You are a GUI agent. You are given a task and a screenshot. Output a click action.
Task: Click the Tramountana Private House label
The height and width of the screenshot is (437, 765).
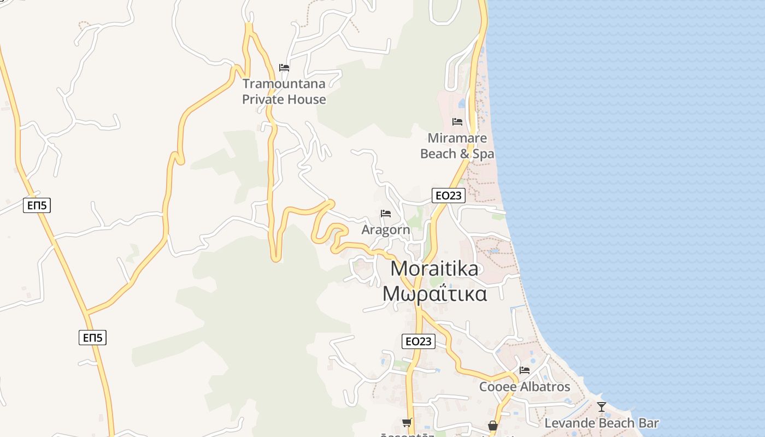(284, 91)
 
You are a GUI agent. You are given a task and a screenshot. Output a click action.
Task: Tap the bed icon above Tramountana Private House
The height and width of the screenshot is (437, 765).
(284, 68)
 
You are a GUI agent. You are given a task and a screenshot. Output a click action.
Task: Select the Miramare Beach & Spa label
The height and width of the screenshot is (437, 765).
(457, 146)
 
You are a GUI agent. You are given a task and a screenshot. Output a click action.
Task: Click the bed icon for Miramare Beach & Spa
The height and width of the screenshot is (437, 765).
(457, 122)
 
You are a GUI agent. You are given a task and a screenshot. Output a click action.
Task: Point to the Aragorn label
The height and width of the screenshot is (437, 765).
(385, 230)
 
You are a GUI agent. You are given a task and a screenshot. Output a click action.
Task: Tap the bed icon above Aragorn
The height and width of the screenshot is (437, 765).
(386, 214)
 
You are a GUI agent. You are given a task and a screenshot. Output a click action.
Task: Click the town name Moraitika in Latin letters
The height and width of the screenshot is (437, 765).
(435, 269)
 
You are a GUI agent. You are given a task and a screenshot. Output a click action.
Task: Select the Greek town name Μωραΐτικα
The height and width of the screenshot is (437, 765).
(435, 294)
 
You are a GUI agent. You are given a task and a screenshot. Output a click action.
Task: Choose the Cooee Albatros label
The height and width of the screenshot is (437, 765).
(525, 387)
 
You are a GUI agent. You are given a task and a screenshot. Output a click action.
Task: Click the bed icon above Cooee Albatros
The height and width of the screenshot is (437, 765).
(525, 370)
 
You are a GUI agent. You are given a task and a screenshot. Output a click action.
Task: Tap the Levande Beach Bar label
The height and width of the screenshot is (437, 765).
(602, 423)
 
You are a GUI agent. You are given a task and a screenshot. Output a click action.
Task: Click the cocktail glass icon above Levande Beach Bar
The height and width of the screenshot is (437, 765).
(602, 407)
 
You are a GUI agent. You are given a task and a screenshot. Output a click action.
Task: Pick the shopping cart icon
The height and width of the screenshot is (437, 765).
(407, 422)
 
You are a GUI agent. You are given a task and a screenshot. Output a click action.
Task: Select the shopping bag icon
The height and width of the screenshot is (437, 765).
(493, 425)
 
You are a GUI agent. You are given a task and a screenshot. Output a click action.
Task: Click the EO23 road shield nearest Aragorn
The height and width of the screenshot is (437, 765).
(448, 196)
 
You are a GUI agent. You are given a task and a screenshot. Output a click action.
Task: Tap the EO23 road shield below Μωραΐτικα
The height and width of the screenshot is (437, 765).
(419, 341)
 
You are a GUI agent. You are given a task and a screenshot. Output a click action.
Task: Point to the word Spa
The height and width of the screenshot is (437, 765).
(483, 154)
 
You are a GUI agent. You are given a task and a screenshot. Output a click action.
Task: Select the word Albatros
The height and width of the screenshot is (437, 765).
(544, 387)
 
